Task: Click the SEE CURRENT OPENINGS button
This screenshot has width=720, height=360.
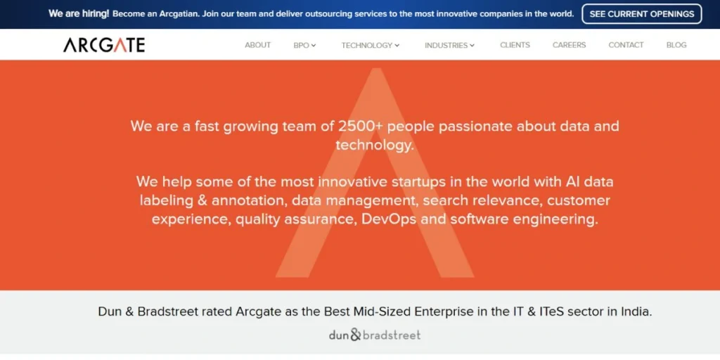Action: (x=641, y=14)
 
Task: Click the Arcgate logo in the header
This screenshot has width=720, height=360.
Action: (x=104, y=45)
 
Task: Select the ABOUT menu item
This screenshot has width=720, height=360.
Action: (x=257, y=45)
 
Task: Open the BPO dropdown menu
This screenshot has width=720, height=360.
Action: (x=304, y=45)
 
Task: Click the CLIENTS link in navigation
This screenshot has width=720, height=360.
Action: (x=515, y=45)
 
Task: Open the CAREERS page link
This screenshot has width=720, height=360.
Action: (x=569, y=45)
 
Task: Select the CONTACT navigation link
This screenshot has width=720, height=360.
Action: (x=626, y=45)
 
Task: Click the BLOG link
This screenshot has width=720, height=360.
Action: (x=676, y=45)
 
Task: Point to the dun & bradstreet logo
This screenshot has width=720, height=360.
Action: (x=375, y=335)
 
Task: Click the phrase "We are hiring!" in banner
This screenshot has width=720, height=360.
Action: (x=79, y=14)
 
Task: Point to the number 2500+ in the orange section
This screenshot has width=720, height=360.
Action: (x=361, y=127)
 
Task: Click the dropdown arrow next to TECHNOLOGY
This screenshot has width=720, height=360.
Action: (x=397, y=46)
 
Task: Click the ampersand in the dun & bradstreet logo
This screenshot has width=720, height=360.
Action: (x=355, y=335)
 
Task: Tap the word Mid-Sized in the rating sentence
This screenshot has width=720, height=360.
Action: (x=377, y=311)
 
